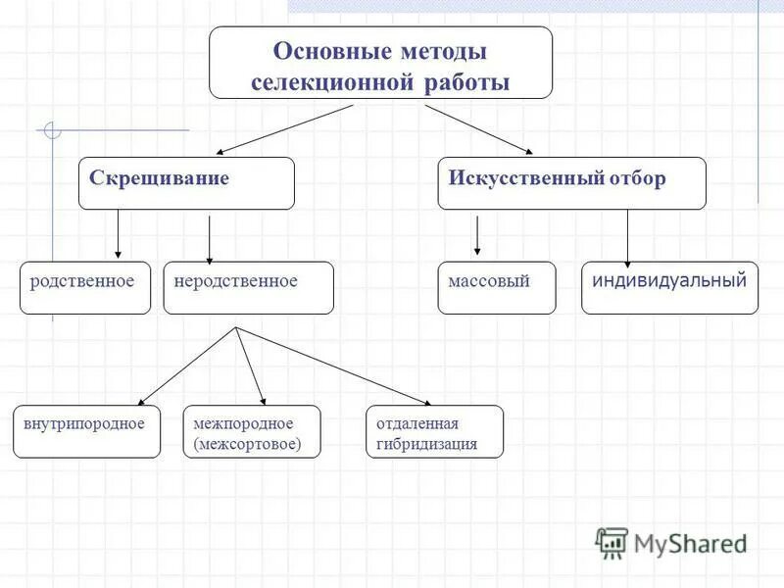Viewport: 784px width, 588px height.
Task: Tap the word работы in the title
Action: [467, 82]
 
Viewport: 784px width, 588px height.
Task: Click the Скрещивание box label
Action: [160, 178]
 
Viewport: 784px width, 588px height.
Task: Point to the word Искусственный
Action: [520, 178]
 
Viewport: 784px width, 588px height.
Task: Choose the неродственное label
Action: [235, 281]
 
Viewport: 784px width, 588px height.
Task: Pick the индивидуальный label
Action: [669, 280]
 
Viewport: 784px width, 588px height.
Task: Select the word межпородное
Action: [244, 423]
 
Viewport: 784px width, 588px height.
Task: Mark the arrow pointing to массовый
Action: [477, 235]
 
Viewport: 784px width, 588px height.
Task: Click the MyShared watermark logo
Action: [671, 542]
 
